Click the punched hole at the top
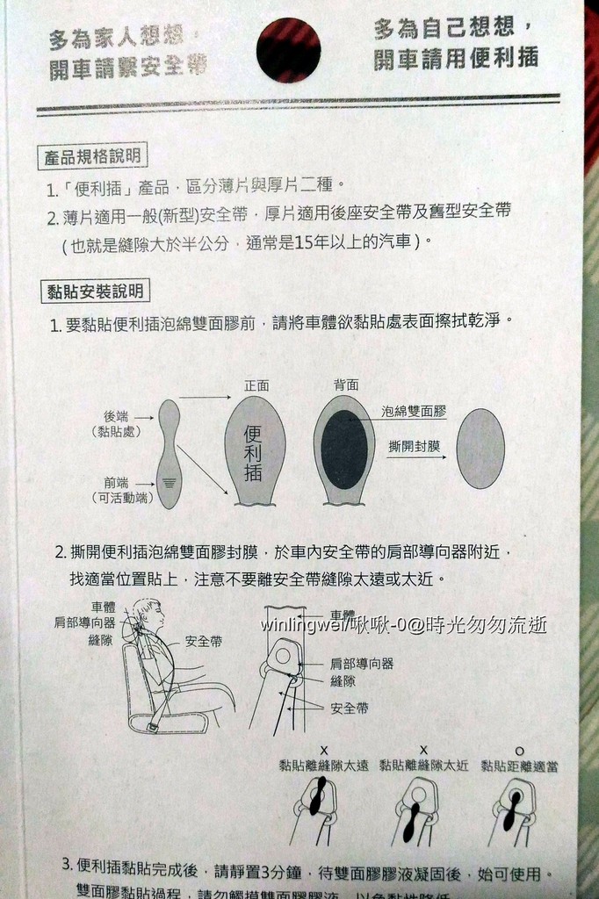pos(288,50)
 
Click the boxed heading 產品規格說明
pos(94,157)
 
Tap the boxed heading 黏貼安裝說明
pos(94,291)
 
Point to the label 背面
pos(345,385)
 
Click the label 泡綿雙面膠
pos(414,411)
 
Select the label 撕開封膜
pos(414,446)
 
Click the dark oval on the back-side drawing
pos(344,449)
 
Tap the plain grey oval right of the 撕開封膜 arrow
pos(481,448)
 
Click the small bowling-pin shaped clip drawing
pos(169,454)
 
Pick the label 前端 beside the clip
pos(117,482)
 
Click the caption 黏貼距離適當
pos(519,766)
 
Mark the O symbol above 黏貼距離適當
pos(519,750)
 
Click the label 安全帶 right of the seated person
pos(204,642)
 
